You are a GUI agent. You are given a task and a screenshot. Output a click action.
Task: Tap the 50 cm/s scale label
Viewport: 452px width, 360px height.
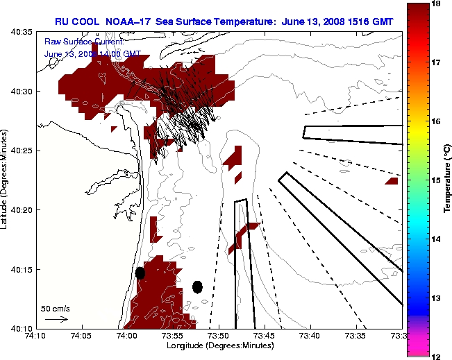coord(56,308)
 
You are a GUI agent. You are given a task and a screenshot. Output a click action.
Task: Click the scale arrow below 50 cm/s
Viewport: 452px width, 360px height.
coord(56,319)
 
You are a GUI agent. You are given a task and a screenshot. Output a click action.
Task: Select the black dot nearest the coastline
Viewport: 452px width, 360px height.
coord(140,273)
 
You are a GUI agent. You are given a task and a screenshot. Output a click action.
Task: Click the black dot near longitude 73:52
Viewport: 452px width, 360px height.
coord(197,286)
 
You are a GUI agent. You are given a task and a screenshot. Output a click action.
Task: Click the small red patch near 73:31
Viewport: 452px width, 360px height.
coord(392,181)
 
